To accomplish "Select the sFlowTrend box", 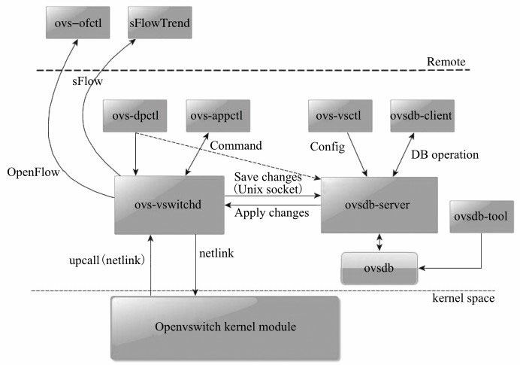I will coord(159,26).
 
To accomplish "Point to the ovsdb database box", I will coord(379,269).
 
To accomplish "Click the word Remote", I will coord(446,62).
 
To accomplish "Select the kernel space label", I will coord(463,300).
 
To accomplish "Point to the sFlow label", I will coord(87,78).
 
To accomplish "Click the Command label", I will coord(236,144).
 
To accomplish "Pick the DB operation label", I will coord(445,155).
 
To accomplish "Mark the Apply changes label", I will coord(272,213).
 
